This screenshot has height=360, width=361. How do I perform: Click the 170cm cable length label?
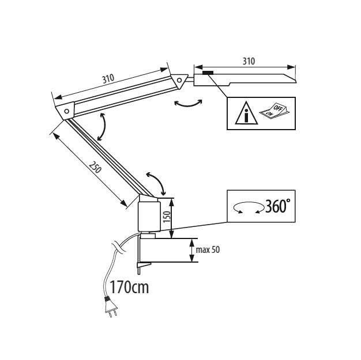click(x=129, y=287)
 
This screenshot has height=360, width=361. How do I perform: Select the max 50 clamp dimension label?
click(x=208, y=250)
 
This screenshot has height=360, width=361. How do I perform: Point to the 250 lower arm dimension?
click(x=95, y=167)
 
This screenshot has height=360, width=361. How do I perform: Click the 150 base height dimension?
click(x=167, y=217)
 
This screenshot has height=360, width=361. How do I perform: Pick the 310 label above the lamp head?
click(x=249, y=61)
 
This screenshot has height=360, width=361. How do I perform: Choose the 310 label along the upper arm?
click(x=108, y=78)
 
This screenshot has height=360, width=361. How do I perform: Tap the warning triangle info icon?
click(x=246, y=113)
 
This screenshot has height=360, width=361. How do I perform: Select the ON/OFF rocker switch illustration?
click(x=274, y=111)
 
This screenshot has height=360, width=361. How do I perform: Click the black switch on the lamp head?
click(x=208, y=73)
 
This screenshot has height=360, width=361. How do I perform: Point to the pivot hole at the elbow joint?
click(x=67, y=111)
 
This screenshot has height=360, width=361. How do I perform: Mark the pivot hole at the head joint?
click(x=179, y=80)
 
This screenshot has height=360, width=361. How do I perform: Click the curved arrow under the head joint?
click(x=188, y=104)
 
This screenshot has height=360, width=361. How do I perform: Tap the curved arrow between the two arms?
click(x=103, y=127)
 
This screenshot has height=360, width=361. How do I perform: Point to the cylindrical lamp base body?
click(x=149, y=217)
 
